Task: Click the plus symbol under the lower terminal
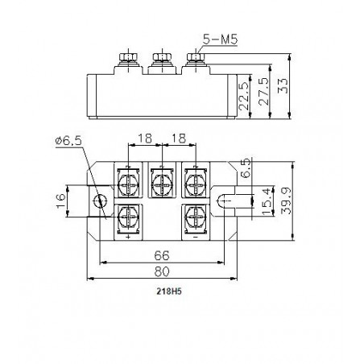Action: (129, 238)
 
